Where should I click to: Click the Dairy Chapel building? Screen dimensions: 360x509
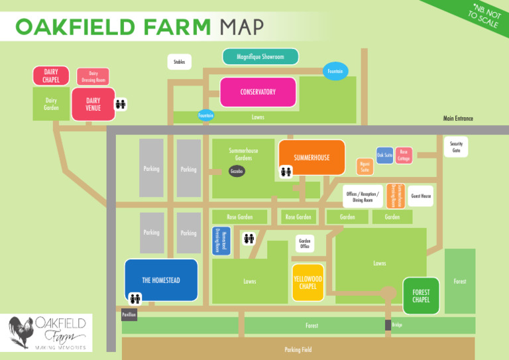tap(50, 76)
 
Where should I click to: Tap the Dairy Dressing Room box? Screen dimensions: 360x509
tap(93, 77)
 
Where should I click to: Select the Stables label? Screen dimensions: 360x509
tap(179, 62)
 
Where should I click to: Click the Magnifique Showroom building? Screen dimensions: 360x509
tap(260, 57)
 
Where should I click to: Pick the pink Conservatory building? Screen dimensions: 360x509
tap(258, 92)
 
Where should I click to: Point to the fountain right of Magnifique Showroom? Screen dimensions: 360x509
tap(334, 71)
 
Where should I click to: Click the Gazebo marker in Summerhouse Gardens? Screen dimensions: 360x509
tap(237, 171)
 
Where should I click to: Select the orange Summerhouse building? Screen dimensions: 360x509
tap(311, 158)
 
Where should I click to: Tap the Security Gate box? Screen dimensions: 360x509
tap(456, 147)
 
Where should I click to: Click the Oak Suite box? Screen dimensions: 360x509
tap(385, 156)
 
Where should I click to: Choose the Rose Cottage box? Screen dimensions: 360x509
tap(404, 156)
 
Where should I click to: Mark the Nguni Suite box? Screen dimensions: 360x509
tap(365, 166)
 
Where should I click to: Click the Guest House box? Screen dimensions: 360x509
tap(421, 196)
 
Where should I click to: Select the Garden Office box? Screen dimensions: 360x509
tap(305, 243)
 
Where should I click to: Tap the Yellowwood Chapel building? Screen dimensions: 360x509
tap(308, 282)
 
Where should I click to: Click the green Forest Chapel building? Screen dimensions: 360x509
tap(421, 296)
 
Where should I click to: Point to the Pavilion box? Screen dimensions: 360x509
tap(129, 314)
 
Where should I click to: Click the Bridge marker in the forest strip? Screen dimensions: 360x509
tap(388, 325)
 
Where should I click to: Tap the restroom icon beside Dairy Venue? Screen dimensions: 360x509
tap(121, 104)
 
